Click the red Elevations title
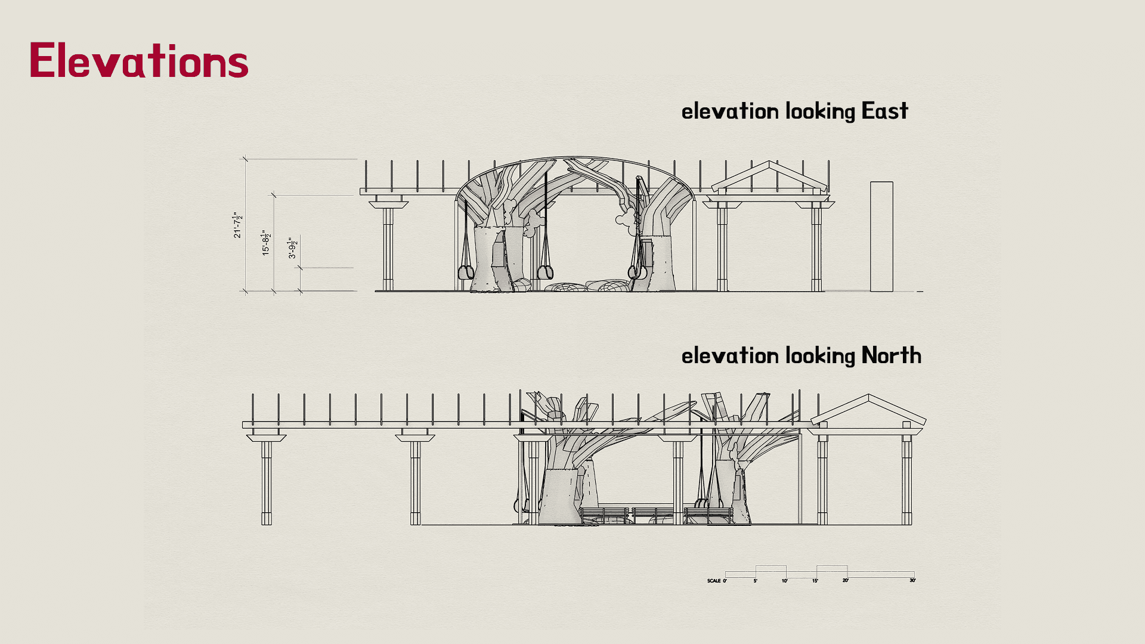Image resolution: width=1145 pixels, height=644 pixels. [138, 60]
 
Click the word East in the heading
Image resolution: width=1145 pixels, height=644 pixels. [884, 112]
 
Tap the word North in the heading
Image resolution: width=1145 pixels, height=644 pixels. [891, 356]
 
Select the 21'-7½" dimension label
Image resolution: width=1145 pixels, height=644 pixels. [237, 225]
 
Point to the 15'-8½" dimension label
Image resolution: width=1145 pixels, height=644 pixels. [266, 243]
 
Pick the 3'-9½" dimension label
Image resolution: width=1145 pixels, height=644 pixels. [292, 248]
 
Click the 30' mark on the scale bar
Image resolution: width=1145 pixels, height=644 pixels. [912, 580]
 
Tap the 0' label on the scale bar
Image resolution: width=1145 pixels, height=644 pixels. [725, 580]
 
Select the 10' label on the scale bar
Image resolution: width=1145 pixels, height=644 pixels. [785, 580]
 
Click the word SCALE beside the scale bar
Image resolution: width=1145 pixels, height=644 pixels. [714, 580]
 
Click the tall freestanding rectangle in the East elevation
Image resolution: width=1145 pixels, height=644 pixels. [881, 237]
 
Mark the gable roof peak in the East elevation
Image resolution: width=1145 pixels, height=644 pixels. [770, 162]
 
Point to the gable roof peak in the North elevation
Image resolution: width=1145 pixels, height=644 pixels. [869, 395]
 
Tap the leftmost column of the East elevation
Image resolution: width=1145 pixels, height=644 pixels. [388, 247]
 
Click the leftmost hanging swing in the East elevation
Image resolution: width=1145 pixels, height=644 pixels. [466, 272]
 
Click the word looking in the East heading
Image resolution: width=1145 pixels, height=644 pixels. [820, 112]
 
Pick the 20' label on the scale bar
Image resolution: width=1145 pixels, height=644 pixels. [845, 580]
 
